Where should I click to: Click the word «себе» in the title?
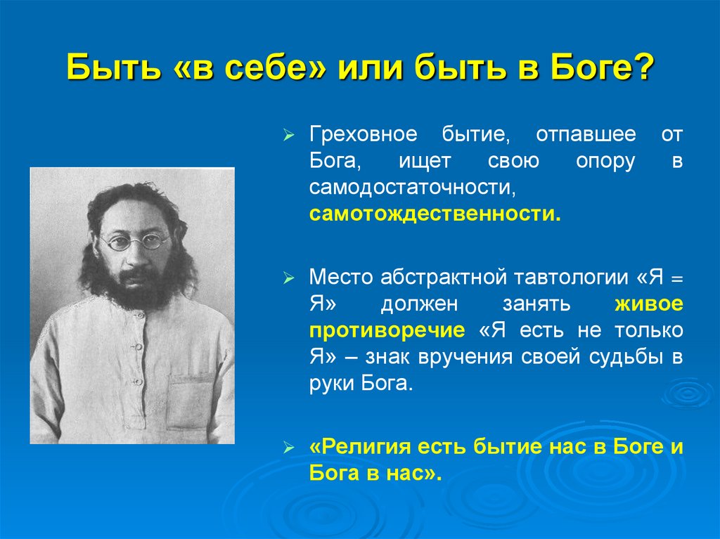259,70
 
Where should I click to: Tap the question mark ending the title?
643,70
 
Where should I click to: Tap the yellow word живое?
648,304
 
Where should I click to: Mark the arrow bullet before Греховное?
288,135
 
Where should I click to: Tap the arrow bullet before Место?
288,278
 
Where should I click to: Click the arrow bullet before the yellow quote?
288,448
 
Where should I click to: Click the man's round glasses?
134,241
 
